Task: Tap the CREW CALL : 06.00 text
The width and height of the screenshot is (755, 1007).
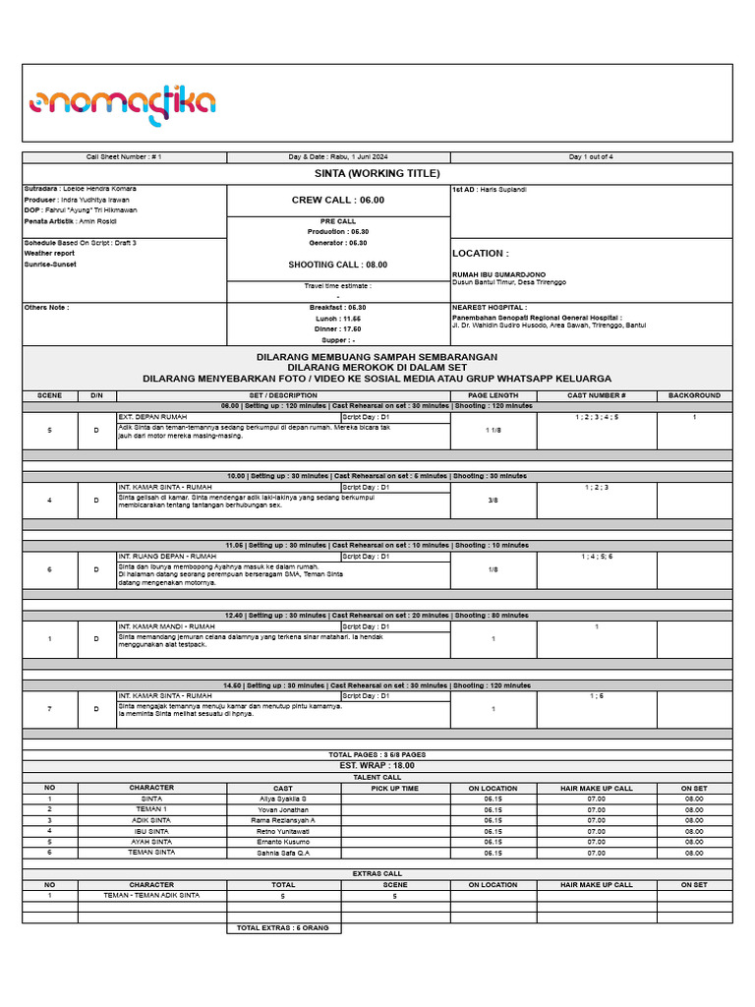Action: click(338, 200)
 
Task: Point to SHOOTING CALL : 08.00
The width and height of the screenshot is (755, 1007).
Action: click(338, 265)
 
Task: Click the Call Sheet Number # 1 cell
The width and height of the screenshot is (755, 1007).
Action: click(124, 157)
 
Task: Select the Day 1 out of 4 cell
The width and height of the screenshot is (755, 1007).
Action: click(591, 157)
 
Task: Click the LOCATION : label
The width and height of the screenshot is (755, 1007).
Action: click(480, 253)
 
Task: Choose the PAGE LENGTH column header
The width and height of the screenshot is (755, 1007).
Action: click(493, 395)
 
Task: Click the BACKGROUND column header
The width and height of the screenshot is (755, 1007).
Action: click(694, 395)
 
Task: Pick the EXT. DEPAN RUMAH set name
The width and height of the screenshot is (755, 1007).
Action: click(152, 417)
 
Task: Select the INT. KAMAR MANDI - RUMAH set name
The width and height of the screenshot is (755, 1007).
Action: click(166, 626)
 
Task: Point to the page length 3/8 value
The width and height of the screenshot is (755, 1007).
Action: click(493, 500)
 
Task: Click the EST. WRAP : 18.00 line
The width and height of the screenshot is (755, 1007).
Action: click(377, 764)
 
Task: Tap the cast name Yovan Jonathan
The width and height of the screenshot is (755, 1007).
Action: click(283, 809)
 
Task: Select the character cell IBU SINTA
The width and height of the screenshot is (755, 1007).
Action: click(151, 831)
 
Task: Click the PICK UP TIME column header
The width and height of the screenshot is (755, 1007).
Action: click(395, 788)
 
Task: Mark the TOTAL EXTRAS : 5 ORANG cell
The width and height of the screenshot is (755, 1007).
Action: click(283, 927)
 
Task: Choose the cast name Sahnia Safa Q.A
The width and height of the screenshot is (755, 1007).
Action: click(283, 853)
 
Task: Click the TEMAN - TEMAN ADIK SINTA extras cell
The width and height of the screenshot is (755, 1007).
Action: click(151, 896)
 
